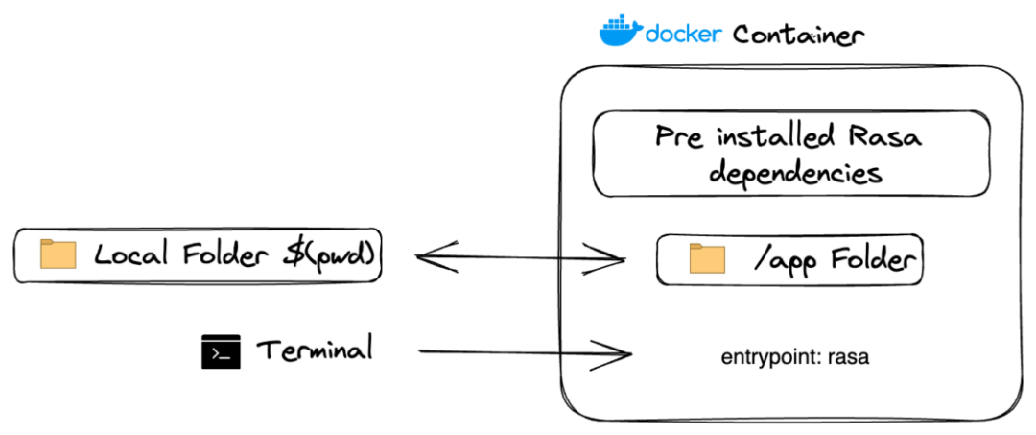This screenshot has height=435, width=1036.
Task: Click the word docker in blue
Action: tap(684, 35)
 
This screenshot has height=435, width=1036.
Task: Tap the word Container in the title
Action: tap(798, 35)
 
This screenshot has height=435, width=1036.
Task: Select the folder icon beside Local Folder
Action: tap(58, 254)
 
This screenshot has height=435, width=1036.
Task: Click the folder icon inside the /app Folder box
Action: tap(708, 259)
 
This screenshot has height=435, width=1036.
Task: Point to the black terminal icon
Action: tap(220, 352)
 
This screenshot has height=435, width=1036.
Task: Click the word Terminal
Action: tap(314, 350)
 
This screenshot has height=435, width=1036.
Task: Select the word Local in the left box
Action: tap(128, 255)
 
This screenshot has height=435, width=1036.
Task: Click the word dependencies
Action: tap(787, 174)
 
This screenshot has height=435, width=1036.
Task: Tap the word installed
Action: tap(763, 137)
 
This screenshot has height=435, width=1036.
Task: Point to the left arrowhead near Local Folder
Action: tap(428, 255)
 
